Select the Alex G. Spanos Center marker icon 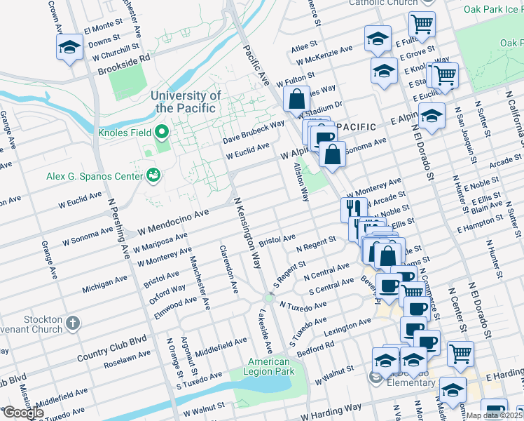coord(152,175)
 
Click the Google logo coord(23,413)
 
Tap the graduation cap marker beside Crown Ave coord(69,48)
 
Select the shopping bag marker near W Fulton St coord(296,98)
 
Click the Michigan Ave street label coord(104,283)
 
